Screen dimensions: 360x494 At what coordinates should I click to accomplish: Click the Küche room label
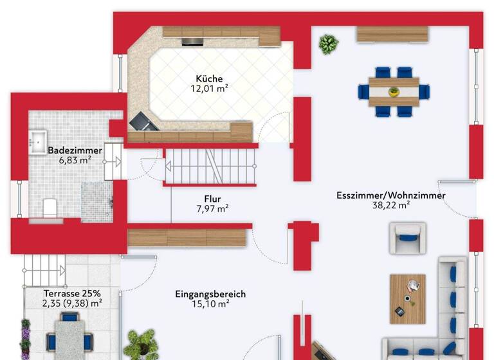tap(210, 79)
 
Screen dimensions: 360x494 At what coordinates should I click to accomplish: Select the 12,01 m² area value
tap(210, 89)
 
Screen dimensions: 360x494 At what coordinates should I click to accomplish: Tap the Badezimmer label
tap(75, 150)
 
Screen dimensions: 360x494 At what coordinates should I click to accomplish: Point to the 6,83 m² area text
tap(75, 160)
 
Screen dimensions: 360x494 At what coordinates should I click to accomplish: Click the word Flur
tap(212, 199)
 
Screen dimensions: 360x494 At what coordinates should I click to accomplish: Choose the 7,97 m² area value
tap(212, 208)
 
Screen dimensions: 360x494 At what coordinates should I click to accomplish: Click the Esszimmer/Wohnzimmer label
tap(390, 195)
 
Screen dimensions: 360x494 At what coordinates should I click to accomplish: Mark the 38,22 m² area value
tap(390, 206)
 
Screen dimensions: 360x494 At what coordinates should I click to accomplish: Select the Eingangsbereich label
tap(210, 294)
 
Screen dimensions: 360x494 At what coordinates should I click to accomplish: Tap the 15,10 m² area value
tap(210, 305)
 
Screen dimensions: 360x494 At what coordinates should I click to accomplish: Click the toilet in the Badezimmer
tap(49, 208)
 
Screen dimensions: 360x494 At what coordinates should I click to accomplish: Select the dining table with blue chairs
tap(394, 91)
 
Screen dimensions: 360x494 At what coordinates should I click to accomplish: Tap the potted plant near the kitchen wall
tap(329, 44)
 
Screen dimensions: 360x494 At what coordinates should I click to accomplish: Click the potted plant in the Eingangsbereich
tap(140, 343)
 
